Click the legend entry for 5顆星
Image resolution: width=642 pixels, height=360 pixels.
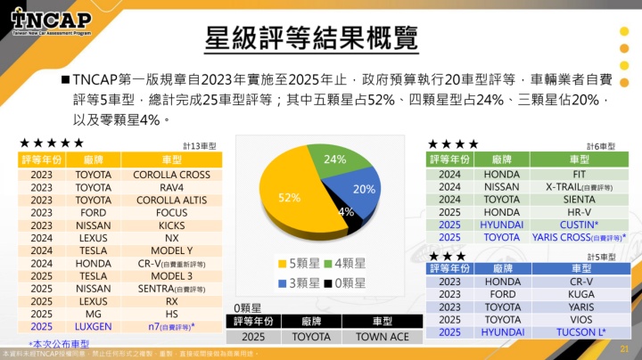pos(299,263)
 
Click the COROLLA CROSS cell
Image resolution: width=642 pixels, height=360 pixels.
pos(172,175)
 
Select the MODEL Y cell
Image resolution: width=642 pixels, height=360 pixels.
pos(172,251)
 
